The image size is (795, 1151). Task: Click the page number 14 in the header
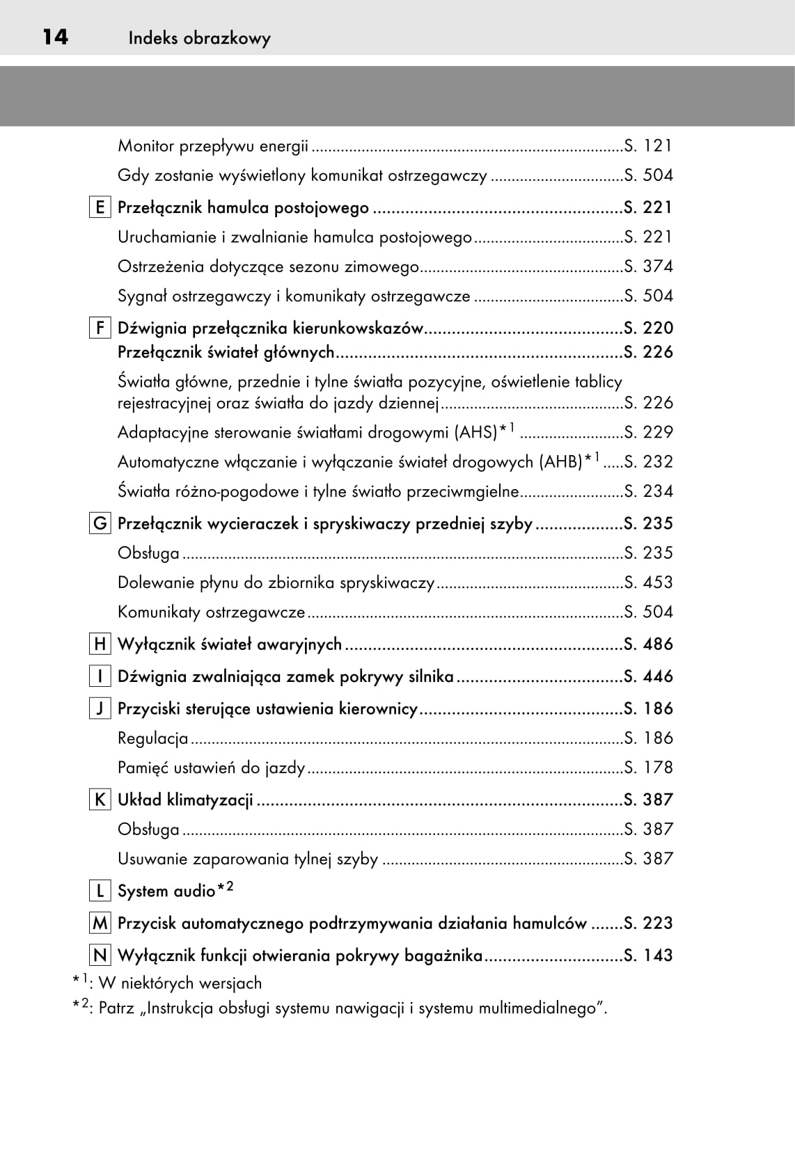[55, 37]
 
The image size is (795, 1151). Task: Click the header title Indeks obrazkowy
[199, 38]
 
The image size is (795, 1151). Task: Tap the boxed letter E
[100, 207]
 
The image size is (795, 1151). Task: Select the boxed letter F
[100, 328]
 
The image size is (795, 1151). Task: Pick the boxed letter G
[100, 523]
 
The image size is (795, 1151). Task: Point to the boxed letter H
[100, 644]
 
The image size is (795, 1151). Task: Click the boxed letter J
[100, 708]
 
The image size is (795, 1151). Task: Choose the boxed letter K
[100, 800]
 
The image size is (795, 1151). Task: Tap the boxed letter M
[100, 923]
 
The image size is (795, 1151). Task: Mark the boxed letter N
[100, 955]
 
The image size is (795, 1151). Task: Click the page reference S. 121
[648, 145]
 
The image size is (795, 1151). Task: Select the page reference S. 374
[648, 267]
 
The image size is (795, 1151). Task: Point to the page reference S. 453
[648, 582]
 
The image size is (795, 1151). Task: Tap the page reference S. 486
[648, 644]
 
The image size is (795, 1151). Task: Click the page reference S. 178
[648, 768]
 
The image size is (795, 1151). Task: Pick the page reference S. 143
[648, 955]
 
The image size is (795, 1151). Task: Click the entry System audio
[166, 891]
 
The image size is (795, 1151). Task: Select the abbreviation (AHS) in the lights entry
[475, 433]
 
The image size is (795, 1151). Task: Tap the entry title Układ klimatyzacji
[185, 800]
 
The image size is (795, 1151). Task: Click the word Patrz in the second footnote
[116, 1008]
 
